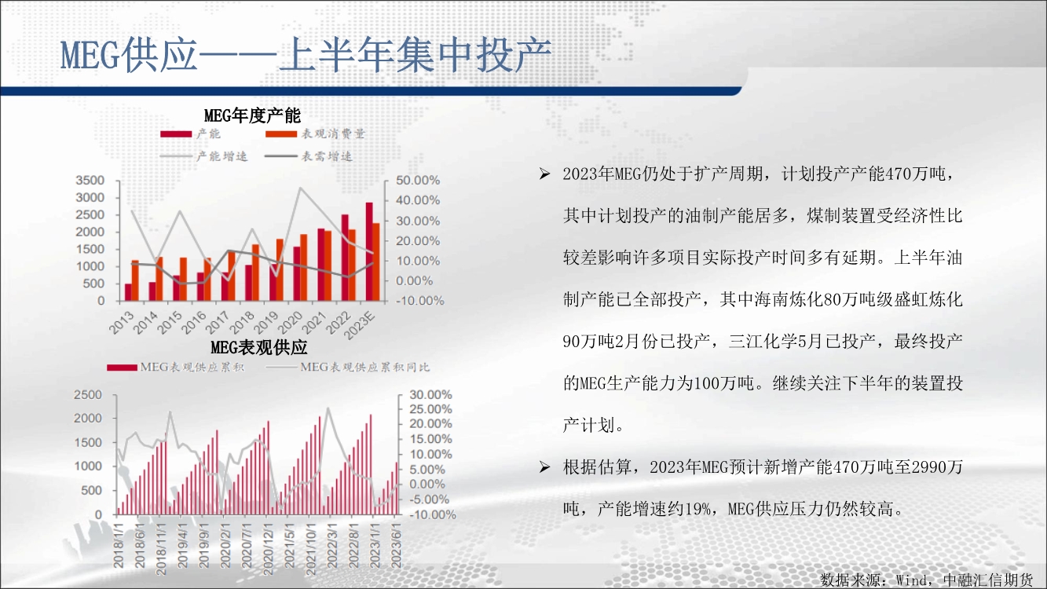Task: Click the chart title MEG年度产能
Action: click(252, 115)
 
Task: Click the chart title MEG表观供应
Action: click(259, 347)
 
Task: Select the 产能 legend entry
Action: click(190, 134)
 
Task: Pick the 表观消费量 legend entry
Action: click(315, 134)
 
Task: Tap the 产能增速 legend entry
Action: click(203, 156)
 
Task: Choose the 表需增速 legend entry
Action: click(309, 156)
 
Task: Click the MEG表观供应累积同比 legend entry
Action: click(348, 367)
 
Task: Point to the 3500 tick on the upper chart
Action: click(90, 181)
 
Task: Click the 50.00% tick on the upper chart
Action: click(418, 181)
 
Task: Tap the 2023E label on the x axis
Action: click(359, 325)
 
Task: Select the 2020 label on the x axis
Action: click(291, 323)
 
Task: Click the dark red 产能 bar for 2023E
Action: click(369, 251)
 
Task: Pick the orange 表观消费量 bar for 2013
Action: click(135, 280)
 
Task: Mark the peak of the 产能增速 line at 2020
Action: click(300, 188)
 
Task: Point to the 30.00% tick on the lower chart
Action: click(430, 395)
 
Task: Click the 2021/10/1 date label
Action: click(311, 547)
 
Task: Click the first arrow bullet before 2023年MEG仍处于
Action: click(544, 174)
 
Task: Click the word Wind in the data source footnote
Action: click(910, 580)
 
